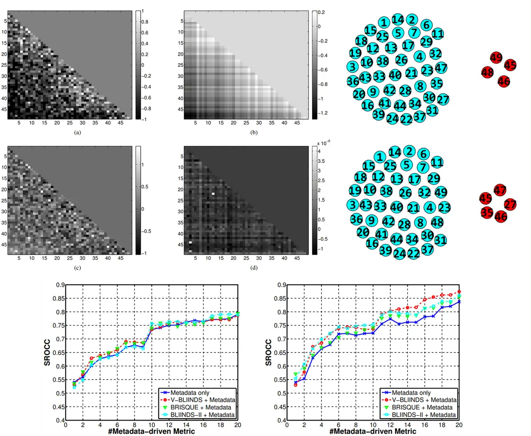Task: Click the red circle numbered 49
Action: click(x=496, y=57)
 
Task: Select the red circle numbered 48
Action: click(x=488, y=72)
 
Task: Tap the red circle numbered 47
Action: click(x=500, y=191)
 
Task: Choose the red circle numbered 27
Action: click(x=510, y=205)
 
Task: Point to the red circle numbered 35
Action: click(x=487, y=212)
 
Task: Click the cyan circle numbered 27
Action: click(x=443, y=99)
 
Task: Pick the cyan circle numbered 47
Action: click(x=441, y=68)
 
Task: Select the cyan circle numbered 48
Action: click(x=437, y=222)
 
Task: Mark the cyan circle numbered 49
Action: click(x=441, y=192)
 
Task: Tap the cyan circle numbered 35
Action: click(x=436, y=83)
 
